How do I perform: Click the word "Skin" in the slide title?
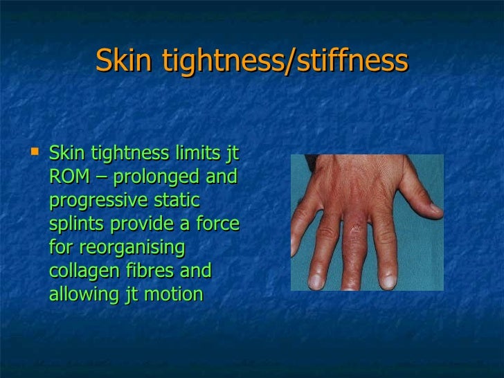tap(125, 61)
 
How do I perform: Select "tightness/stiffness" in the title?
tap(285, 61)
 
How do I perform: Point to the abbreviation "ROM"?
tap(69, 177)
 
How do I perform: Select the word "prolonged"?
tap(160, 177)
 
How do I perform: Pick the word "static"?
tap(176, 201)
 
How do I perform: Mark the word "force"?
tap(216, 224)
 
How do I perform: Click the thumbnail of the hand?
tap(366, 222)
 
